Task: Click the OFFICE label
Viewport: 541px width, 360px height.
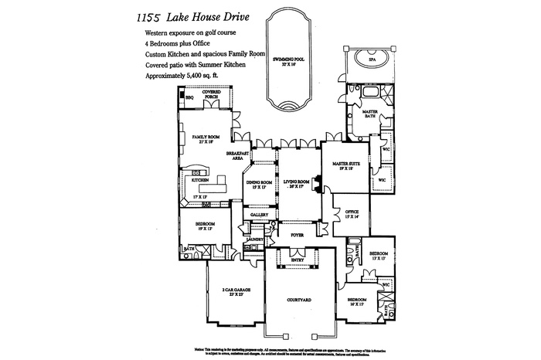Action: click(x=352, y=212)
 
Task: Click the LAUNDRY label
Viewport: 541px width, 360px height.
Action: click(x=254, y=240)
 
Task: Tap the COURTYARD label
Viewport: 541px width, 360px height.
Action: click(x=298, y=298)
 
